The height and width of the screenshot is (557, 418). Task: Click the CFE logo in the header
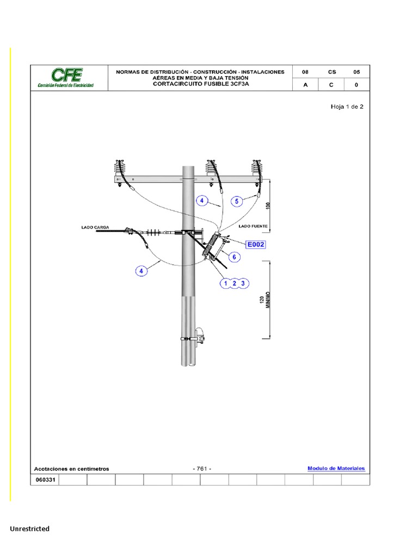65,78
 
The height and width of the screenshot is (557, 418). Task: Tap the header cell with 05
356,72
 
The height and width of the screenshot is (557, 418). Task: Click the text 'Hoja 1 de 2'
347,107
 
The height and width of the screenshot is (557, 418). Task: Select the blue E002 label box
255,245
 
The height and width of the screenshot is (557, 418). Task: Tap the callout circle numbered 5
236,201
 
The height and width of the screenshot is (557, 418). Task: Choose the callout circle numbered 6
235,257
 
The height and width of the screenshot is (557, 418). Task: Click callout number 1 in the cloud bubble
225,283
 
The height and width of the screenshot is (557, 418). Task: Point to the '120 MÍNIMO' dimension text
265,302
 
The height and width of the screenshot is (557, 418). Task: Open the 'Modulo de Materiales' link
336,468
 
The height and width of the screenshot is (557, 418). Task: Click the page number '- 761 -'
202,469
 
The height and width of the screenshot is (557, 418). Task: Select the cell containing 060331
45,480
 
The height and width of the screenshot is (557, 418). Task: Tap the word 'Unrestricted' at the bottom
29,529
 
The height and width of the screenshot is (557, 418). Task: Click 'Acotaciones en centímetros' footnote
72,469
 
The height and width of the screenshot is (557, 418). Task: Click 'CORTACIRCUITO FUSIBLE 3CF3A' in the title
200,84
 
